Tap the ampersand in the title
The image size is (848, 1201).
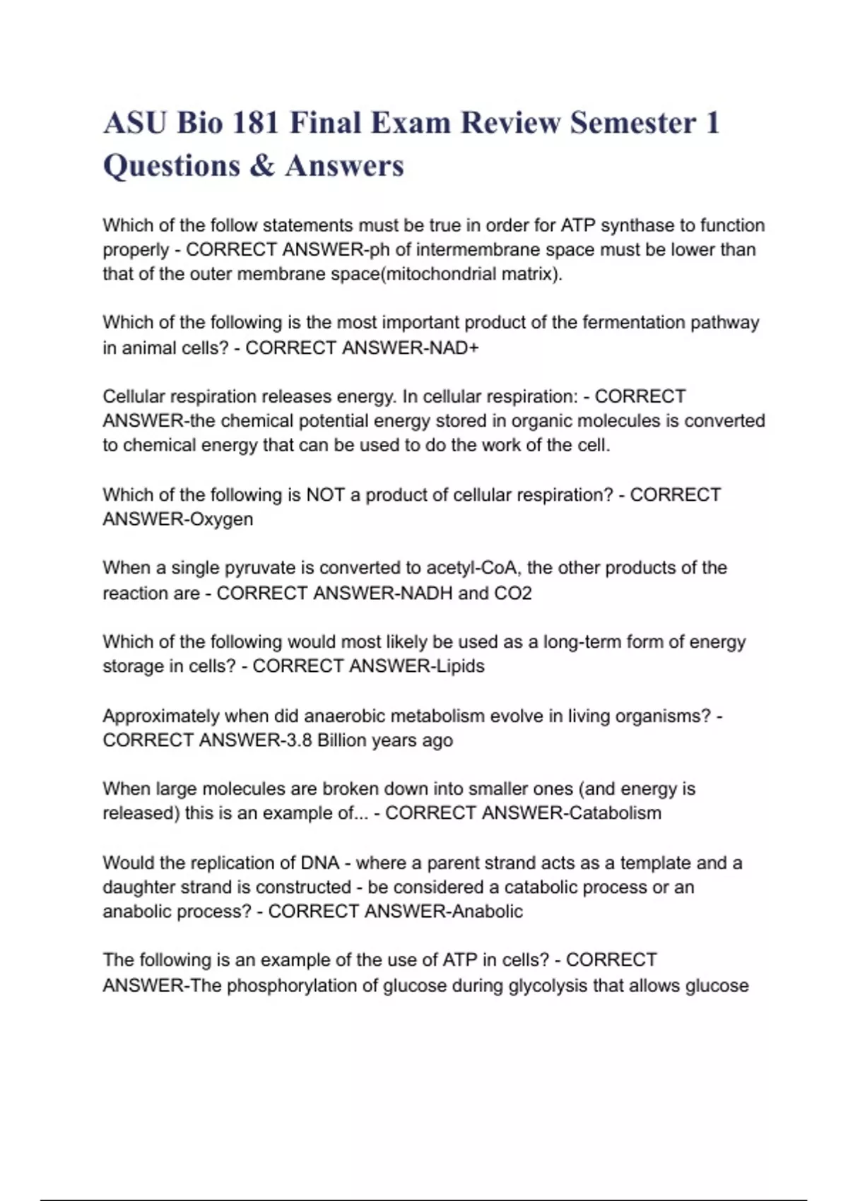(x=262, y=166)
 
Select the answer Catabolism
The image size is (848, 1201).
(x=616, y=813)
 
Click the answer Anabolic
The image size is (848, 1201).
(x=488, y=911)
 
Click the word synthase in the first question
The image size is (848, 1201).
(x=637, y=225)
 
